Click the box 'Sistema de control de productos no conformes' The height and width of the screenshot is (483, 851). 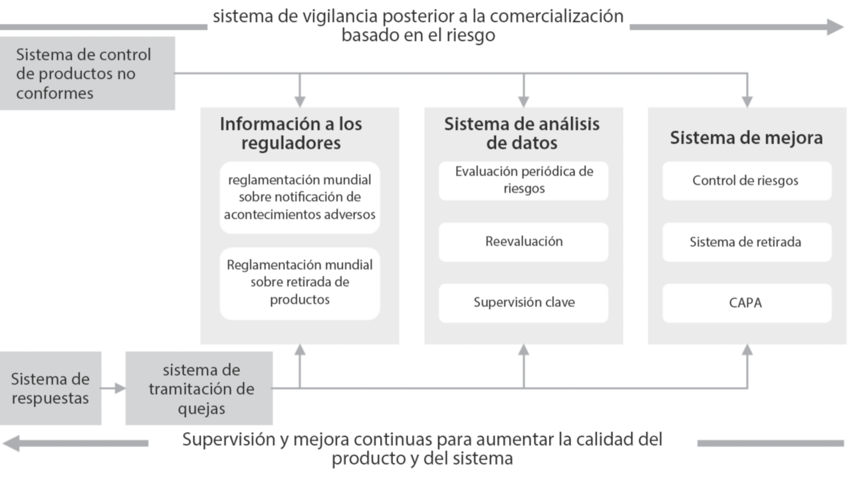[x=87, y=73]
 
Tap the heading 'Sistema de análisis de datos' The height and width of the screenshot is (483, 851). [x=522, y=133]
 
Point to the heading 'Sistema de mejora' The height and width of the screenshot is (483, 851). [x=746, y=138]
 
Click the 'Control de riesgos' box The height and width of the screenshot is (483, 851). [x=746, y=181]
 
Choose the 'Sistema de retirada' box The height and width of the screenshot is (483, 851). [x=746, y=242]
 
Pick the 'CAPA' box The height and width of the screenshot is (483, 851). [x=746, y=303]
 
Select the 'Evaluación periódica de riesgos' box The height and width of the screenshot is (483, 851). [x=523, y=180]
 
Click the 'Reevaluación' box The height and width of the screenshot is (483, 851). [x=523, y=241]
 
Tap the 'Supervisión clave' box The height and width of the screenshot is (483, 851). [x=523, y=302]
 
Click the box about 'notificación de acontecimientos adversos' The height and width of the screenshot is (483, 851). [x=300, y=197]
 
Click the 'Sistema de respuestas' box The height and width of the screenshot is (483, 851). [x=51, y=388]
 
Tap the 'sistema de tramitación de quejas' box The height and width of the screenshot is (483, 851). [x=199, y=389]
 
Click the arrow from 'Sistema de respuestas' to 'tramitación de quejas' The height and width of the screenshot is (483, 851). [x=114, y=388]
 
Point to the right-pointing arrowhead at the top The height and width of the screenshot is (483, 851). [x=835, y=27]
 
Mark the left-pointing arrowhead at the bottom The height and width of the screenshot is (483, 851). [x=12, y=443]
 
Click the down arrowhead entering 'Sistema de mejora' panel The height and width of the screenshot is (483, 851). [x=747, y=100]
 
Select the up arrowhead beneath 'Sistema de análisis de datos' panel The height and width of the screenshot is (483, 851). [x=524, y=351]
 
